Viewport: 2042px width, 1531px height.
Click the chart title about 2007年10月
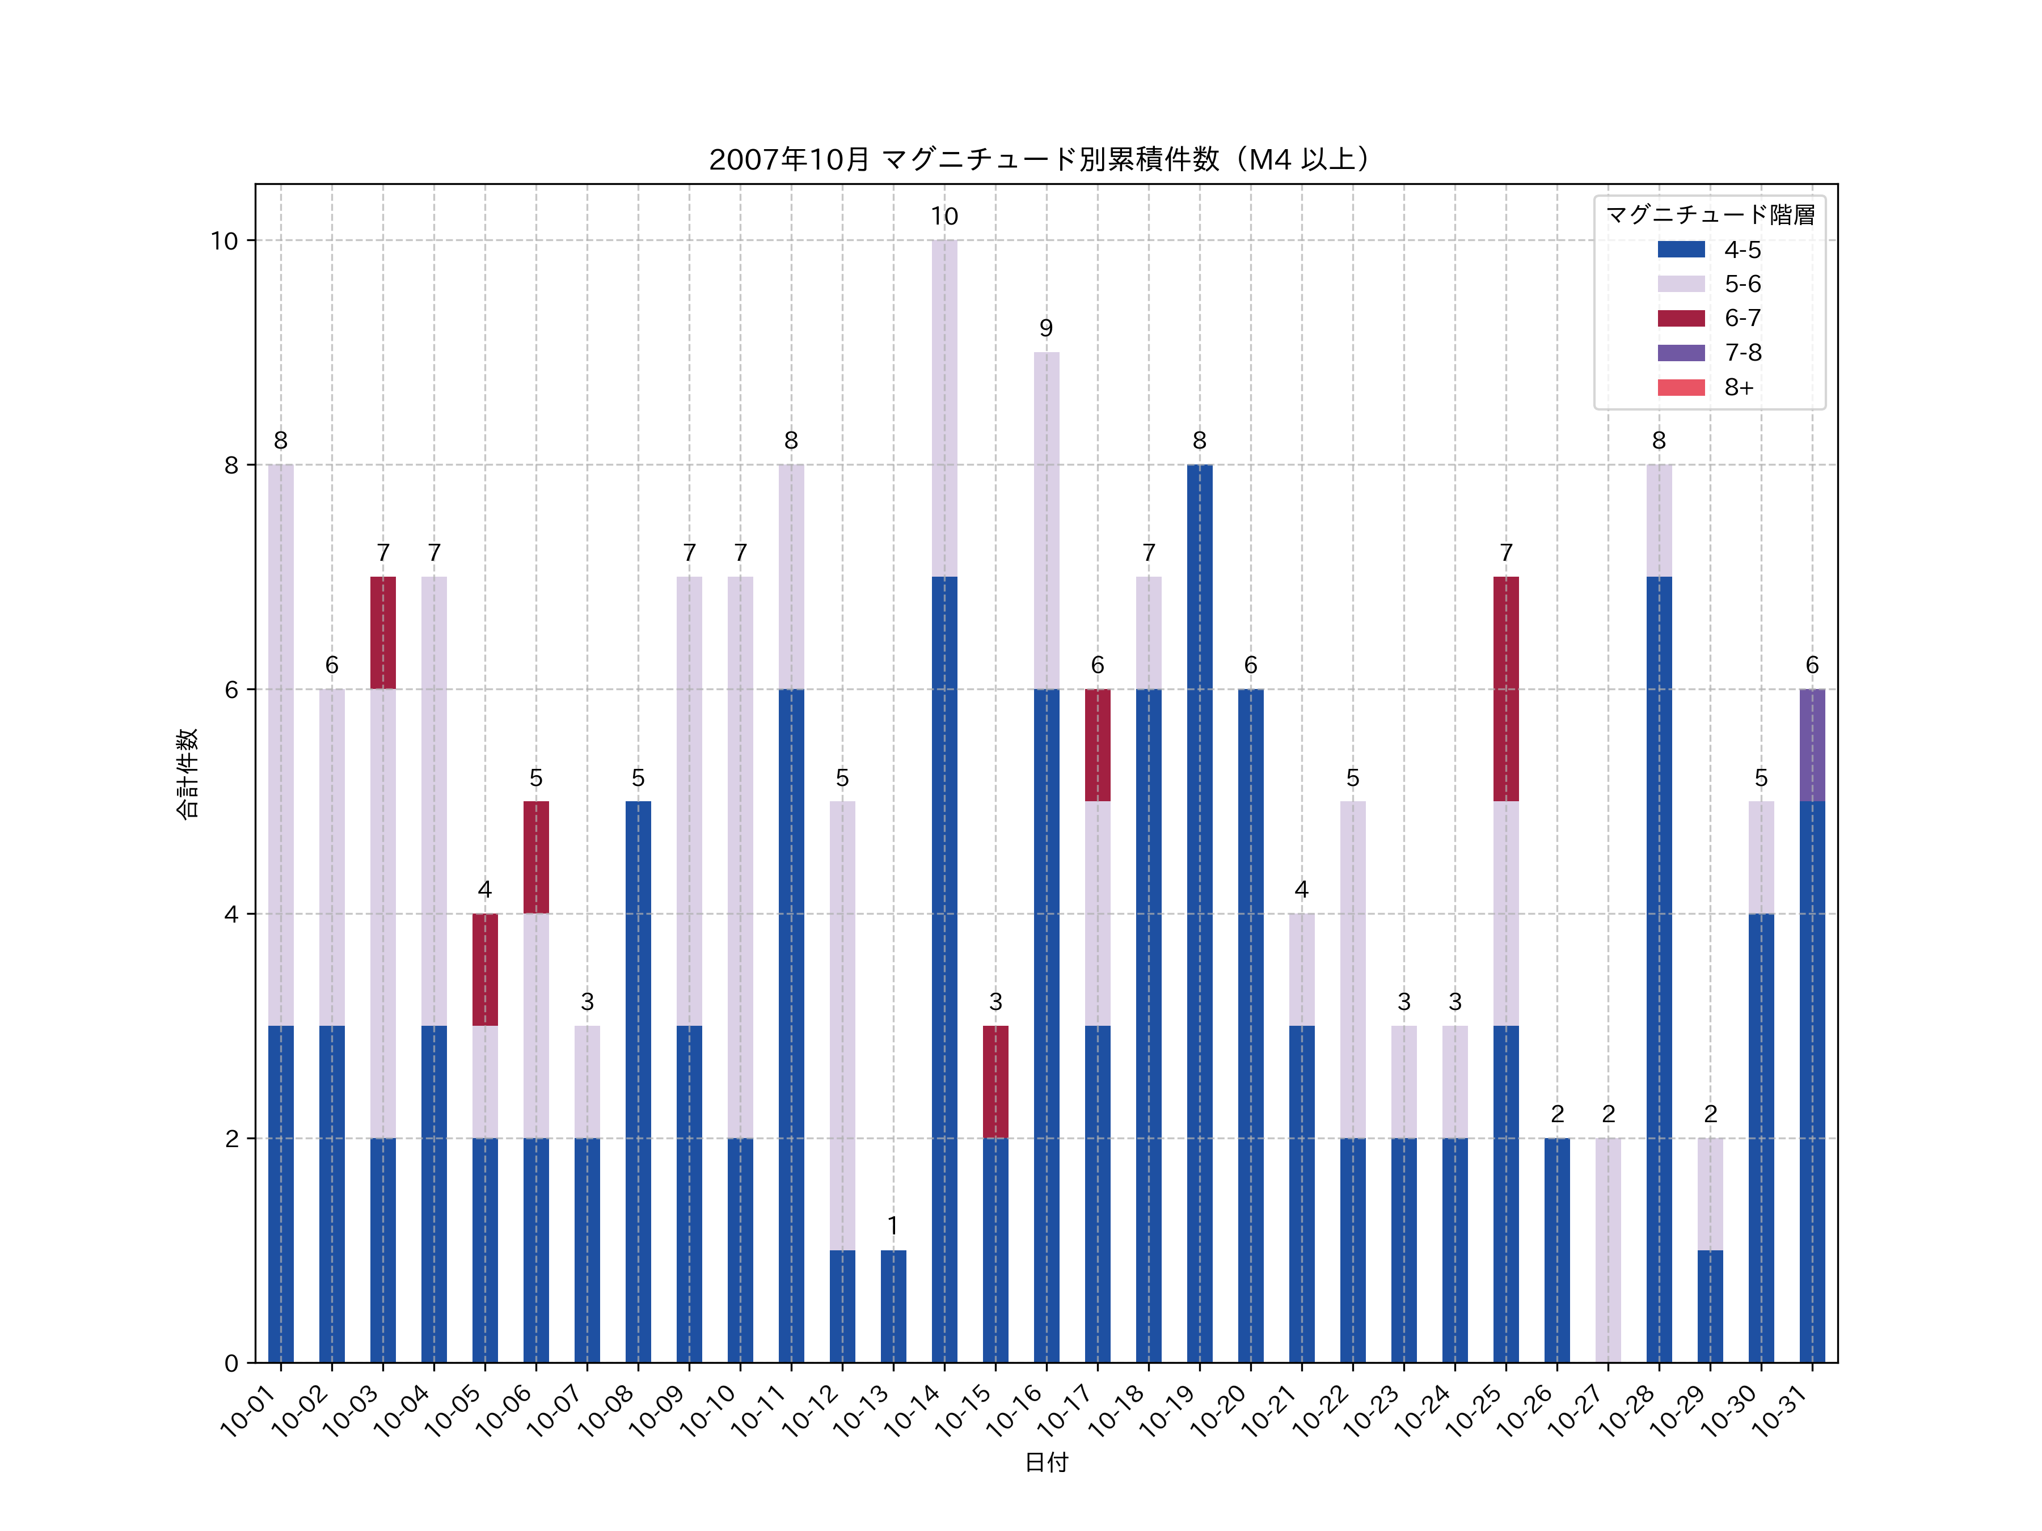click(1039, 160)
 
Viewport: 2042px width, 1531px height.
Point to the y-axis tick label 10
click(224, 241)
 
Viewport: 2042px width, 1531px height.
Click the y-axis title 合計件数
click(187, 773)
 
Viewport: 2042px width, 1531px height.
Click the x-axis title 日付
click(1046, 1462)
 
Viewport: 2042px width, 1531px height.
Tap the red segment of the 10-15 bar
click(995, 1081)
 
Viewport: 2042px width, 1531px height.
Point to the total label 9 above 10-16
click(1046, 328)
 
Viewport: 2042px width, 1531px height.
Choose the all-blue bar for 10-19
click(1199, 913)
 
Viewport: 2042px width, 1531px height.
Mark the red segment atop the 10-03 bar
click(383, 632)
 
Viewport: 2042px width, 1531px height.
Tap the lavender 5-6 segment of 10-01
click(281, 745)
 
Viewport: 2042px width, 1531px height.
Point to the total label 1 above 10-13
click(893, 1225)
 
